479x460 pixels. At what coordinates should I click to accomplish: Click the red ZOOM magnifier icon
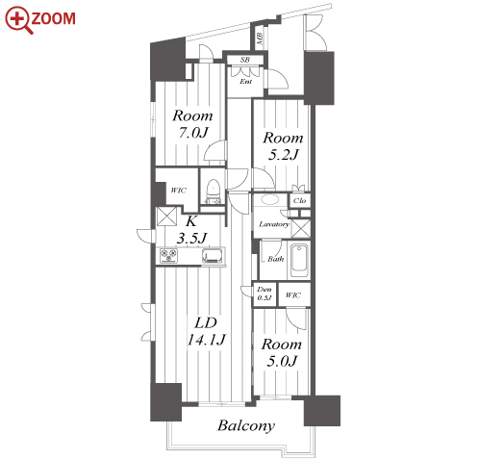click(x=18, y=19)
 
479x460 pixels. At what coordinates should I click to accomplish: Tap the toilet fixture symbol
click(x=213, y=192)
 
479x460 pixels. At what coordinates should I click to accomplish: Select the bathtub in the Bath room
click(x=299, y=261)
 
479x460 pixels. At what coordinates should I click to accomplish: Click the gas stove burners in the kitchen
click(x=168, y=256)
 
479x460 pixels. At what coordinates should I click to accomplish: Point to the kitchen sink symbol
click(x=213, y=256)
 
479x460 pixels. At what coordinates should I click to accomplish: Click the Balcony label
click(x=246, y=425)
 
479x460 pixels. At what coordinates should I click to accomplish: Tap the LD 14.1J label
click(x=206, y=331)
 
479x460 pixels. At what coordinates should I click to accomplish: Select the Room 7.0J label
click(x=192, y=124)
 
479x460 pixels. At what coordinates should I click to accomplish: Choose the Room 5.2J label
click(x=283, y=146)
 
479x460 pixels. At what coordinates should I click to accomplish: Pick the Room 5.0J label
click(x=282, y=352)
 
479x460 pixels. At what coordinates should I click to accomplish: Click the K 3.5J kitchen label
click(x=191, y=230)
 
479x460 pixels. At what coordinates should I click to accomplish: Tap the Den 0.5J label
click(x=265, y=294)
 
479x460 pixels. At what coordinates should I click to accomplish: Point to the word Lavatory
click(x=274, y=224)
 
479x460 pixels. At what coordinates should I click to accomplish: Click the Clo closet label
click(x=299, y=200)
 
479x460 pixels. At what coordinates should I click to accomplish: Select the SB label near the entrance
click(x=245, y=60)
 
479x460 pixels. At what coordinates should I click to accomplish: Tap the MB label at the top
click(x=260, y=38)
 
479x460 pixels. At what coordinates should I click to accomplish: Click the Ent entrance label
click(x=246, y=82)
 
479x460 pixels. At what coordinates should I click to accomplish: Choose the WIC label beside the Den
click(x=292, y=294)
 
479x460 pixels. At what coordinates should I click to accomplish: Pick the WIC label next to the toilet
click(x=178, y=191)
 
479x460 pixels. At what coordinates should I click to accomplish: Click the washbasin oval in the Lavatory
click(x=269, y=199)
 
